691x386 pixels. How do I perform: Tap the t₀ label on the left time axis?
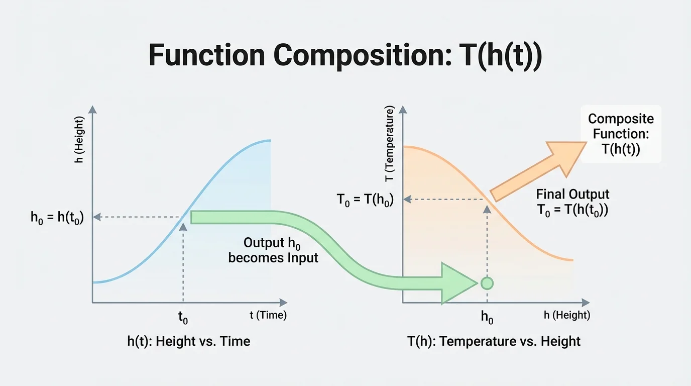183,317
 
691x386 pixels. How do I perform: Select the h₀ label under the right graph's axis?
487,317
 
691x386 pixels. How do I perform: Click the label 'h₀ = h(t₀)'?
57,217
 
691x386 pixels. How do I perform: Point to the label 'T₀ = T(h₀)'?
365,199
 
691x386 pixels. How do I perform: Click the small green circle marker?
487,283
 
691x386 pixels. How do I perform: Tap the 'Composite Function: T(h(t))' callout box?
621,134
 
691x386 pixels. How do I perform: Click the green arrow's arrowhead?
457,283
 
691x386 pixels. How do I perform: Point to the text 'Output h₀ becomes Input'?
273,250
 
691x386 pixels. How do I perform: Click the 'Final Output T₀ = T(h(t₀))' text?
572,202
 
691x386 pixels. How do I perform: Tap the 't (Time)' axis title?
268,315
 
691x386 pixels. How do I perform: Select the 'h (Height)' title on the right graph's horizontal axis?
567,315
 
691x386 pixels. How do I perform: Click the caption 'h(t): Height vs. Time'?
188,342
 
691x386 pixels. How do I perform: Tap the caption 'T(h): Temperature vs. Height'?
494,342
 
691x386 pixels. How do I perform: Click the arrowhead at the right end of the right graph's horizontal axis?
585,303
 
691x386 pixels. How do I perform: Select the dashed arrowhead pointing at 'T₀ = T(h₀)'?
407,199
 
